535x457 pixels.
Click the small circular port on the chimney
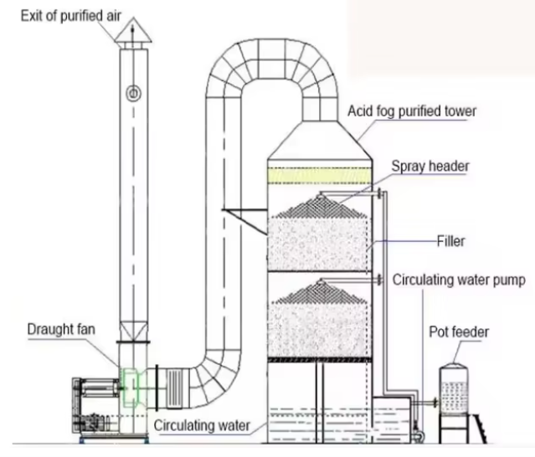[x=132, y=90]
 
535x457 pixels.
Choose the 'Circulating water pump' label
[x=460, y=280]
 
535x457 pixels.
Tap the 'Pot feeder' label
[x=460, y=332]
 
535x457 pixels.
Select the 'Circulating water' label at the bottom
[x=202, y=424]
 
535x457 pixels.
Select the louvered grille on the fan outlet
[x=175, y=388]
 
